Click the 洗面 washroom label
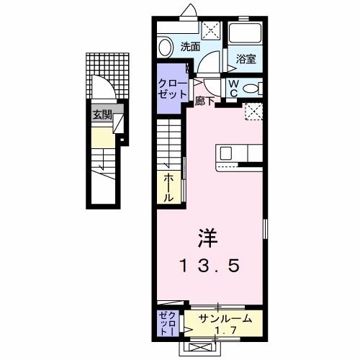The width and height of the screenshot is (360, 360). click(189, 48)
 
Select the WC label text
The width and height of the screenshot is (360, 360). click(235, 88)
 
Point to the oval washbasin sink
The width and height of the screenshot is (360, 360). click(165, 48)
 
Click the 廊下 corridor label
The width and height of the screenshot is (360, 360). click(204, 102)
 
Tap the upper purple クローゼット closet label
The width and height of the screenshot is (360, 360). click(173, 89)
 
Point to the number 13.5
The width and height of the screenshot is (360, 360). click(209, 265)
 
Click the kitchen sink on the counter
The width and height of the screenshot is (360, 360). click(225, 153)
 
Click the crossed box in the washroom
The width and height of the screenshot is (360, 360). click(212, 30)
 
